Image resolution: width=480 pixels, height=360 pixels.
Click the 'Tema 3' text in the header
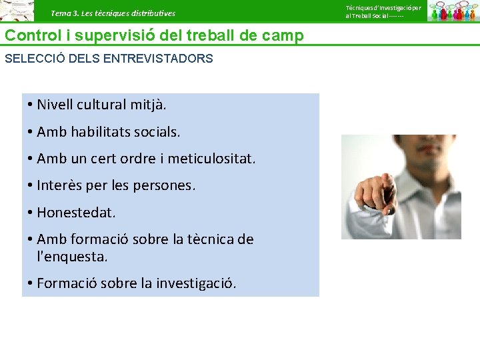coord(64,13)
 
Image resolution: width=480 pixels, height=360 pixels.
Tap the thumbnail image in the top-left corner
coord(17,11)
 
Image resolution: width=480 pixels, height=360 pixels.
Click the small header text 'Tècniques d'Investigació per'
coord(383,7)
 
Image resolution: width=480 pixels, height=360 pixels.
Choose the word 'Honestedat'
coord(75,213)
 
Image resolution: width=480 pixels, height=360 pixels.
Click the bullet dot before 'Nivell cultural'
coord(31,105)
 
